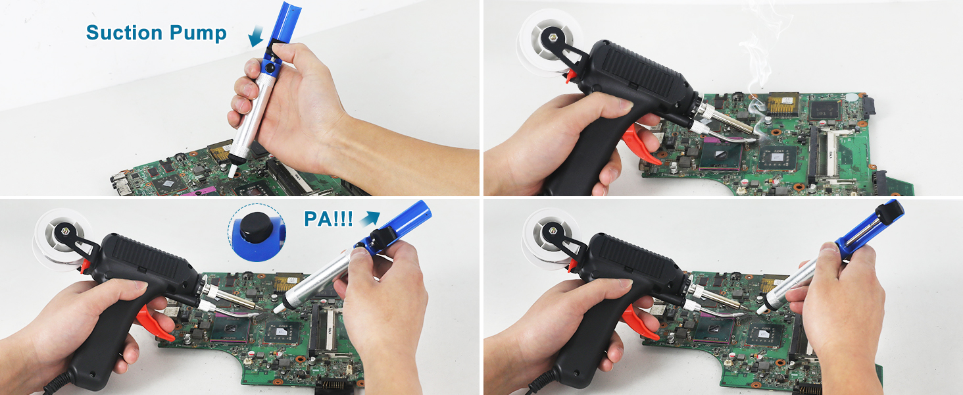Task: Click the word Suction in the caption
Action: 124,33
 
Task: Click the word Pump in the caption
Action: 198,34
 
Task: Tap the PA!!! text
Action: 328,219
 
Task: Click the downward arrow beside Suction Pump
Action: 257,36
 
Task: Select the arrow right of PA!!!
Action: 370,218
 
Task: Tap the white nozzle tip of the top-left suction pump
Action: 233,171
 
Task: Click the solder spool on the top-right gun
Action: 546,43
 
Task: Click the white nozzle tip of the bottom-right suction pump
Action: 762,309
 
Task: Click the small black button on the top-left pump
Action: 270,68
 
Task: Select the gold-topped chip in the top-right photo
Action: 783,103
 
